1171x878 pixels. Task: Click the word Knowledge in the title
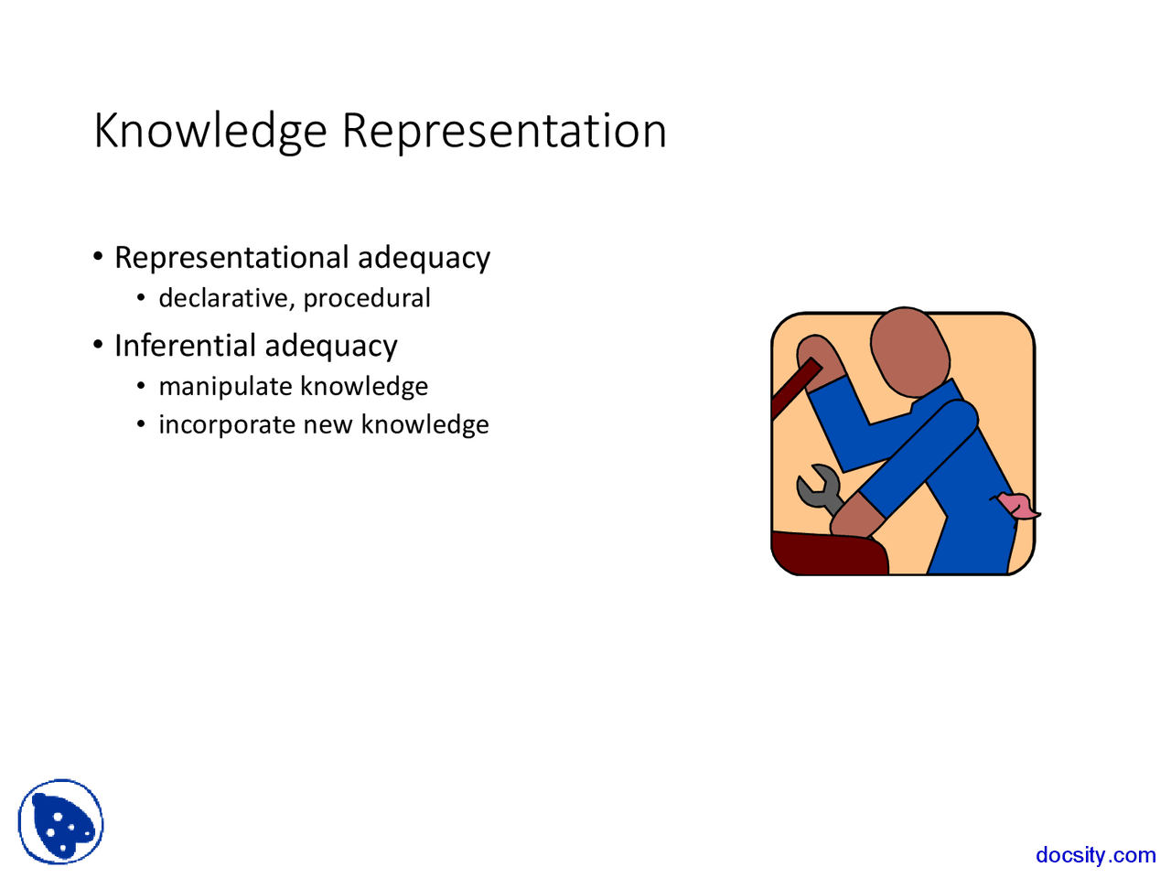tap(209, 131)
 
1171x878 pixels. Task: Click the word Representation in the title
tap(504, 131)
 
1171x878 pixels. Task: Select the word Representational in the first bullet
tap(231, 258)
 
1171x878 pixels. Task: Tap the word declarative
tap(223, 299)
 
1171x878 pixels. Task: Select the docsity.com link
tap(1095, 855)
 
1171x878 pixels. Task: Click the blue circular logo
tap(60, 822)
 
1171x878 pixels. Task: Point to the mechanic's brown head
tap(908, 352)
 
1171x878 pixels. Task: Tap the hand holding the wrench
tap(856, 517)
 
